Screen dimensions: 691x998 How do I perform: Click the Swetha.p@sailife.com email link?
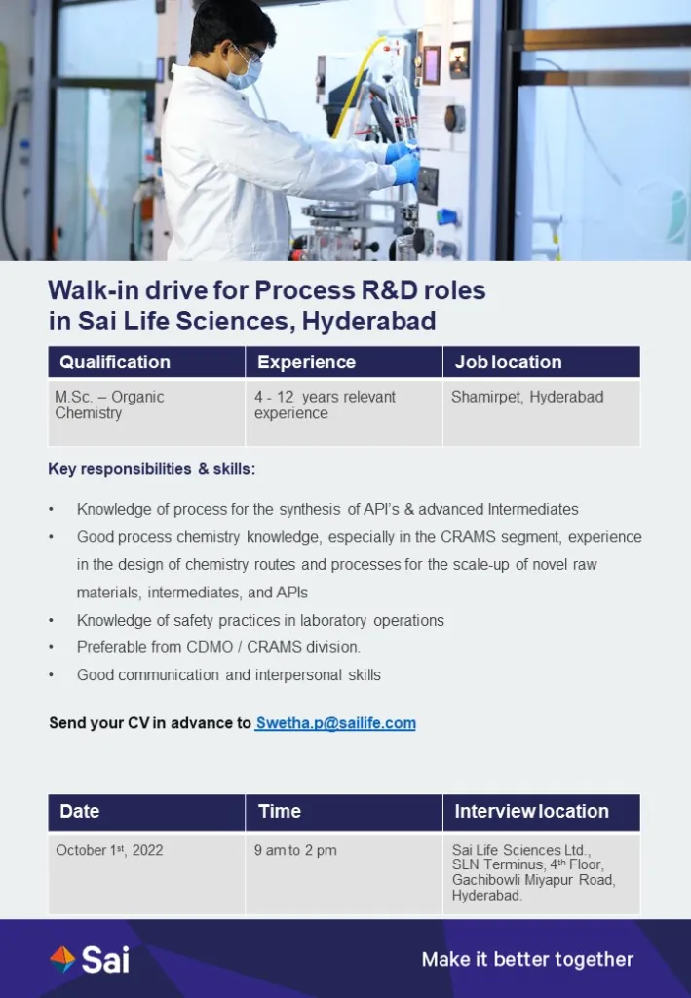335,723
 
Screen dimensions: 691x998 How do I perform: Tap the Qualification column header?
146,363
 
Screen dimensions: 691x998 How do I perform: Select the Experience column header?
344,363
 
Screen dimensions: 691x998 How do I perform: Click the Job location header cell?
542,363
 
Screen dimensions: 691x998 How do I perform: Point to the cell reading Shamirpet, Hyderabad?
542,413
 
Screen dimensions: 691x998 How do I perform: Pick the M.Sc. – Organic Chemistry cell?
146,413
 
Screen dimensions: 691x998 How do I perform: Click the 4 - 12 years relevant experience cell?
344,413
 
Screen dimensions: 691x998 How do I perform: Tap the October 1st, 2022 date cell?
146,873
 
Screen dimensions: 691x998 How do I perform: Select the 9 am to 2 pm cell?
344,873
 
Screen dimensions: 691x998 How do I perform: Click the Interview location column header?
542,812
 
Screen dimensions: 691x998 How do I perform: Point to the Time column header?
344,812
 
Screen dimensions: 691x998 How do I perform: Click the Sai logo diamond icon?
62,960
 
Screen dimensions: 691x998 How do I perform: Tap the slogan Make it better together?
527,959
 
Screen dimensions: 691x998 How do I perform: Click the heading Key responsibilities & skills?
151,469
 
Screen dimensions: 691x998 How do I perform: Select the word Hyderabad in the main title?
369,321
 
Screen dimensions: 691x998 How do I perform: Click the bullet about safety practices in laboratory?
260,620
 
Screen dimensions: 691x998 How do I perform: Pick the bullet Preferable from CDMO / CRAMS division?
218,647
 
